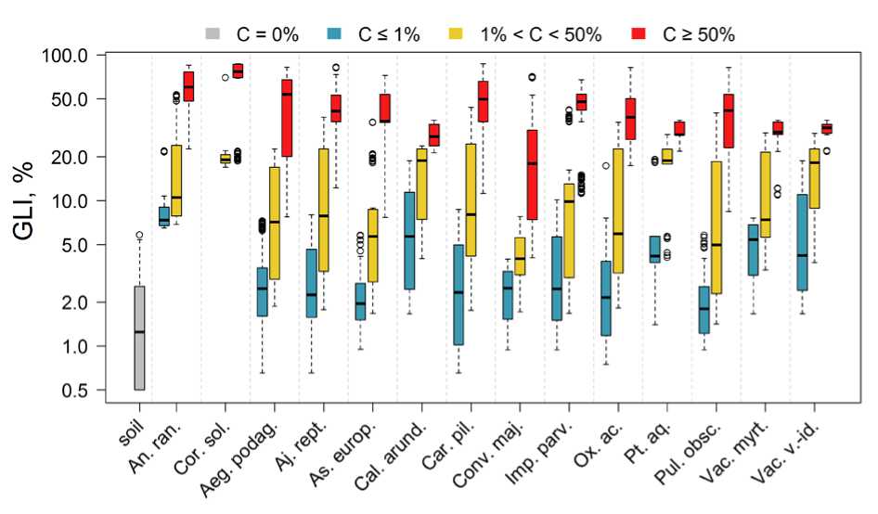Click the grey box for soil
pyautogui.click(x=139, y=338)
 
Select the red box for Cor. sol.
pyautogui.click(x=238, y=71)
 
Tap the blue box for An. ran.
pyautogui.click(x=164, y=216)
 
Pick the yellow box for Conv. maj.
pyautogui.click(x=521, y=256)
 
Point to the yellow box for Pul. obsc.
pyautogui.click(x=716, y=227)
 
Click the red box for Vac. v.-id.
pyautogui.click(x=827, y=128)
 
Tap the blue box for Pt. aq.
pyautogui.click(x=654, y=250)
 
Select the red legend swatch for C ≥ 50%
pyautogui.click(x=639, y=35)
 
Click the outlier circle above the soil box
pyautogui.click(x=139, y=236)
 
